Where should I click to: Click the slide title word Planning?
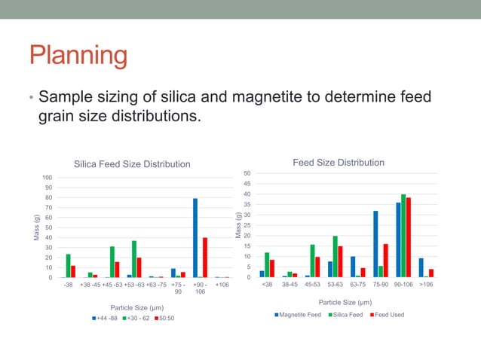(x=78, y=56)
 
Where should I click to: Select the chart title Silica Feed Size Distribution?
(x=131, y=164)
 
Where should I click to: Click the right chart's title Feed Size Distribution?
(x=338, y=163)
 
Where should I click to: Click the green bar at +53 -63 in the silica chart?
(x=133, y=259)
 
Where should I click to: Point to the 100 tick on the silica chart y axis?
(x=47, y=178)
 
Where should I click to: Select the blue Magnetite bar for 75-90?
(x=375, y=244)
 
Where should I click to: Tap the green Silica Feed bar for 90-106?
(x=403, y=236)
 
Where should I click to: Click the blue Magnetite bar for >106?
(x=421, y=267)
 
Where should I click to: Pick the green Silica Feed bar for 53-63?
(x=335, y=257)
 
